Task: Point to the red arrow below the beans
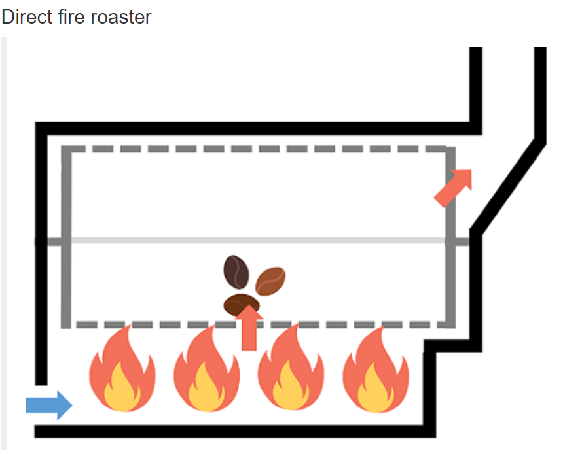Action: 248,330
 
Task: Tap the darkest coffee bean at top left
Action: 236,272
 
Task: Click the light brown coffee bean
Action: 270,281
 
